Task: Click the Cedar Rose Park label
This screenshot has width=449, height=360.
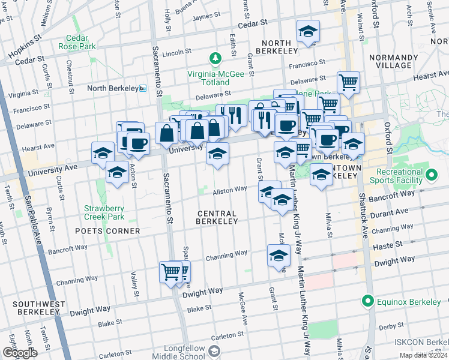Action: (77, 41)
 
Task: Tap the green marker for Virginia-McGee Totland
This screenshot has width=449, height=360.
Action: (215, 58)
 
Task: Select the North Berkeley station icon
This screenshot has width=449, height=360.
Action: (143, 88)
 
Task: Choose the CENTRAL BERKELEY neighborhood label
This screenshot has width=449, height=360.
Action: (216, 217)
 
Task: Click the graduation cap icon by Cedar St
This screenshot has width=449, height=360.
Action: (308, 32)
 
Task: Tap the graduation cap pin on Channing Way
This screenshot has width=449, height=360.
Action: (278, 255)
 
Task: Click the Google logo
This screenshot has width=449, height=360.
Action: (19, 353)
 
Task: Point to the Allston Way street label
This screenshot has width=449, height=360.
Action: (231, 190)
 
